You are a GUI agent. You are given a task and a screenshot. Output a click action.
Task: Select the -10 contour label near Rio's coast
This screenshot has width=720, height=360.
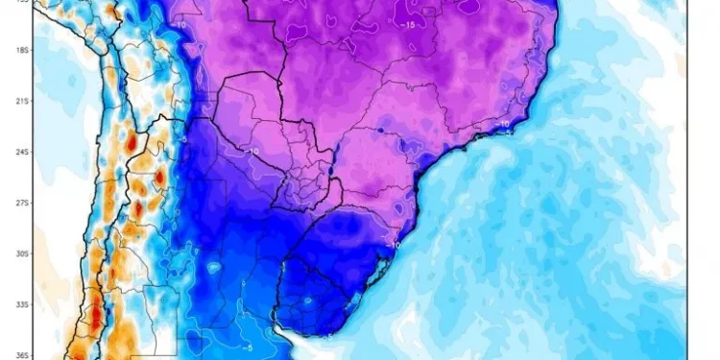point(503,124)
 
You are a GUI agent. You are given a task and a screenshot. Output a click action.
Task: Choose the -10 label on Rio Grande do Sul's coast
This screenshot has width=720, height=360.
point(394,245)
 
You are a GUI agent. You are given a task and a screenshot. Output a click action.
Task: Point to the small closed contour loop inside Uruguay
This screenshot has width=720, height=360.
point(308,300)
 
